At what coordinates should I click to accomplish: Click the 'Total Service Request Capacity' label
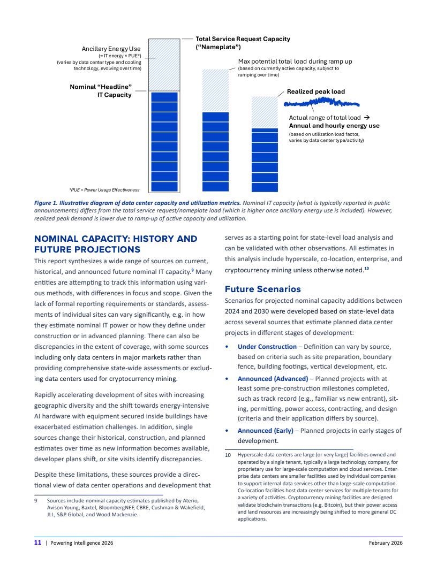coord(243,39)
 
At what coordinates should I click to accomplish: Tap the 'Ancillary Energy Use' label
coord(111,49)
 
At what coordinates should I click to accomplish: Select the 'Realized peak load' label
coord(316,91)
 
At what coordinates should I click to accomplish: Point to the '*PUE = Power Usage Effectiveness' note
coord(104,189)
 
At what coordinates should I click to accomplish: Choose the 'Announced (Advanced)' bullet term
coord(272,379)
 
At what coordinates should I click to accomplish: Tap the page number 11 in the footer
coord(38,543)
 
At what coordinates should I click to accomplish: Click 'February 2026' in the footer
coord(386,543)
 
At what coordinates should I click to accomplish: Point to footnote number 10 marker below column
coord(227,455)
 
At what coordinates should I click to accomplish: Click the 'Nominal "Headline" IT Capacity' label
coord(101,90)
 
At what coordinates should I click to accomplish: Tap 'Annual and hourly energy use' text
coord(334,126)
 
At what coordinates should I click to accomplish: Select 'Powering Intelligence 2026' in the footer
coord(81,543)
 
